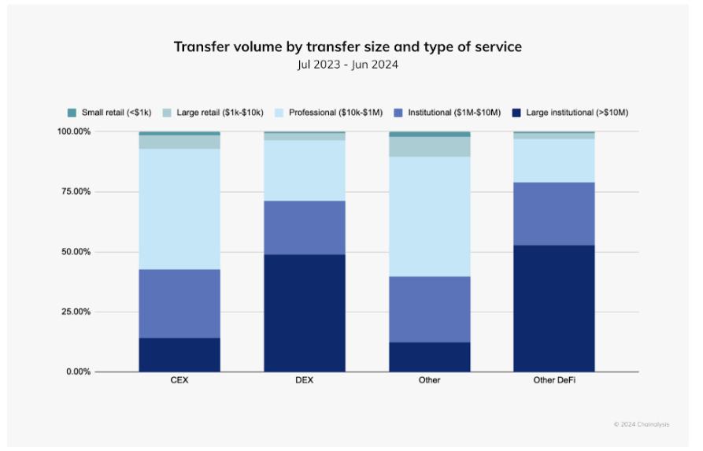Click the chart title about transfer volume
tap(347, 47)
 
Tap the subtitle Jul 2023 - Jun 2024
tap(347, 65)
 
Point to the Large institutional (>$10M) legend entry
tap(571, 113)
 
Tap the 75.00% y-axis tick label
tap(99, 192)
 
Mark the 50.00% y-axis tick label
tap(99, 252)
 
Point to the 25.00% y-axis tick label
tap(99, 312)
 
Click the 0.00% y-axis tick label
tap(102, 372)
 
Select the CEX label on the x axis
tap(179, 380)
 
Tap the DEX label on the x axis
tap(305, 380)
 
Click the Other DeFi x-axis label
tap(553, 380)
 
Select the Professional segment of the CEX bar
tap(179, 209)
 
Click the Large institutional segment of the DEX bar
tap(305, 312)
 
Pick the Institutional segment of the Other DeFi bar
tap(553, 213)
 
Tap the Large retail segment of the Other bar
tap(430, 146)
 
